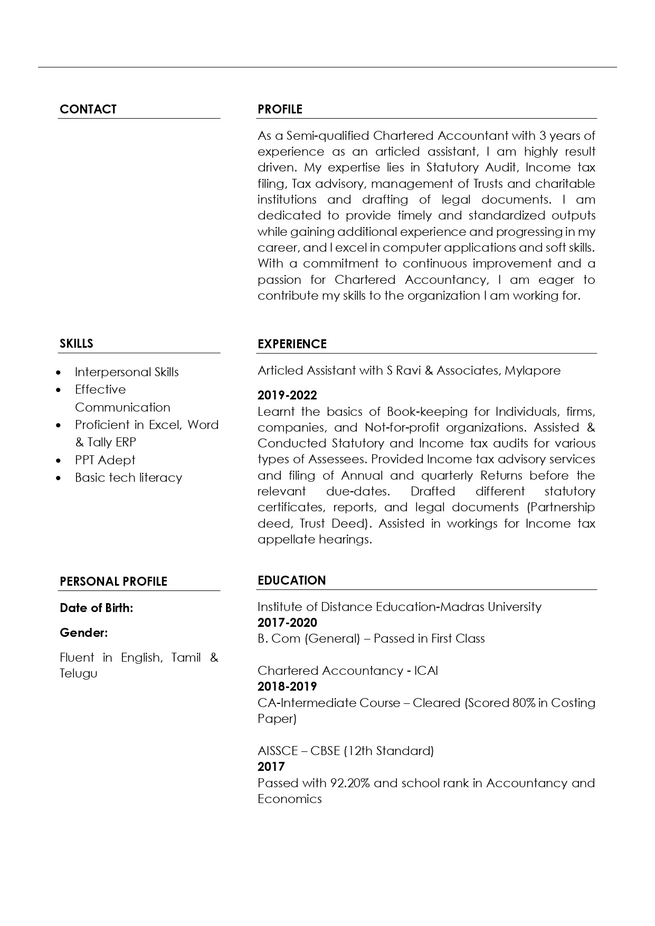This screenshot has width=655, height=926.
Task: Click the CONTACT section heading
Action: pos(88,109)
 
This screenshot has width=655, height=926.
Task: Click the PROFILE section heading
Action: pos(280,109)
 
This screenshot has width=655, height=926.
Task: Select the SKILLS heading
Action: pos(77,343)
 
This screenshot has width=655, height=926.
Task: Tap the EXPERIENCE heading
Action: pos(292,344)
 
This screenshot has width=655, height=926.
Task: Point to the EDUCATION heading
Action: pos(291,580)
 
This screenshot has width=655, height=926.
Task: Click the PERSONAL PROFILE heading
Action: pos(113,581)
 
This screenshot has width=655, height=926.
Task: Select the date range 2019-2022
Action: pos(287,395)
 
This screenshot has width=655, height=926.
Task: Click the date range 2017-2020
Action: pos(287,623)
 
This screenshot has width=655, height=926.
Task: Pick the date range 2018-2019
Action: pos(287,686)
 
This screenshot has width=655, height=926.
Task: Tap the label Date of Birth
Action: pos(97,608)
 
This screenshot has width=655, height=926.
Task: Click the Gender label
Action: pos(84,632)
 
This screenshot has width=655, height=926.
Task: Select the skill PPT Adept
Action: pos(105,460)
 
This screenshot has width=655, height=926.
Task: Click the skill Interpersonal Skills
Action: pos(127,372)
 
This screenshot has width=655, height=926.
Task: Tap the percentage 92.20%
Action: pos(350,783)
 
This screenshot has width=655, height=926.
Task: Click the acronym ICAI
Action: pos(426,671)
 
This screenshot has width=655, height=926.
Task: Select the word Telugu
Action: pos(79,673)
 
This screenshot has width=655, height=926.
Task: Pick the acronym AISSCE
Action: pos(278,751)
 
